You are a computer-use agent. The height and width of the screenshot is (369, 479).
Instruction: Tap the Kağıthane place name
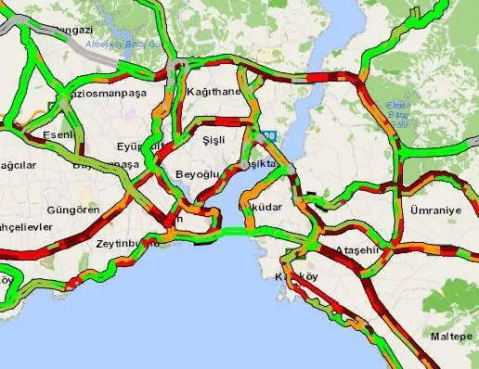click(215, 91)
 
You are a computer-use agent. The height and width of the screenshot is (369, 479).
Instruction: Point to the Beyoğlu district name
click(196, 174)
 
